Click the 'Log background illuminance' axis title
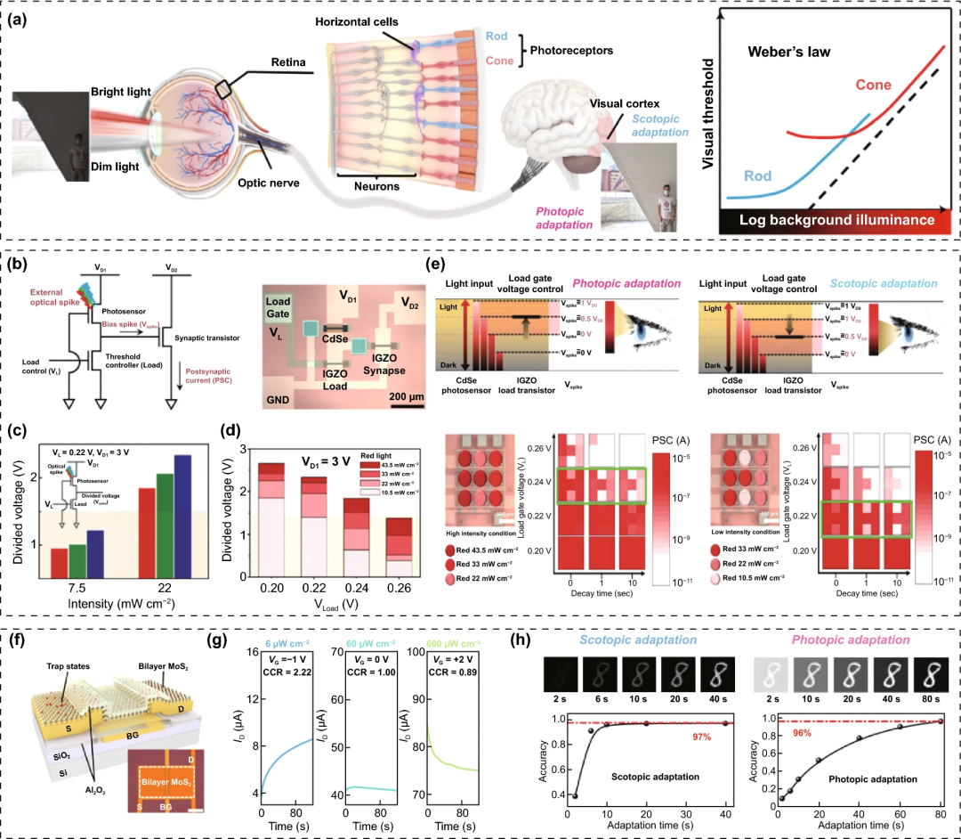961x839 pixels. (838, 220)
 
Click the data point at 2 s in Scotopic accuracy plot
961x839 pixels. (575, 796)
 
